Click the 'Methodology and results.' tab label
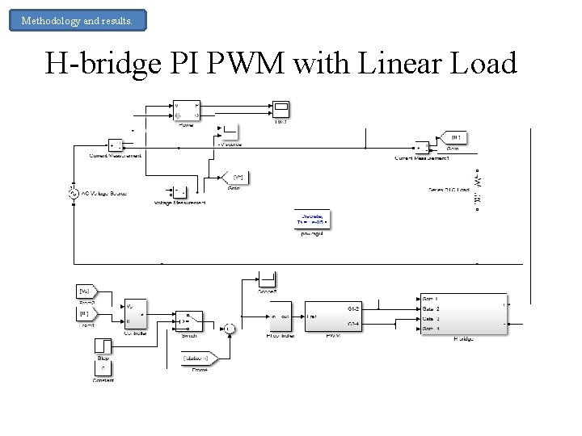pyautogui.click(x=78, y=20)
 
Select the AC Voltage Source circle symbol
pyautogui.click(x=74, y=194)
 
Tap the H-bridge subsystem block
pyautogui.click(x=463, y=312)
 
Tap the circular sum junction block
pyautogui.click(x=230, y=328)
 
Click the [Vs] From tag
pyautogui.click(x=85, y=291)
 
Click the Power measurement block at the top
pyautogui.click(x=187, y=111)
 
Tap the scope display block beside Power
pyautogui.click(x=280, y=109)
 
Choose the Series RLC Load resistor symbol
pyautogui.click(x=478, y=191)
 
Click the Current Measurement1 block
pyautogui.click(x=422, y=148)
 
